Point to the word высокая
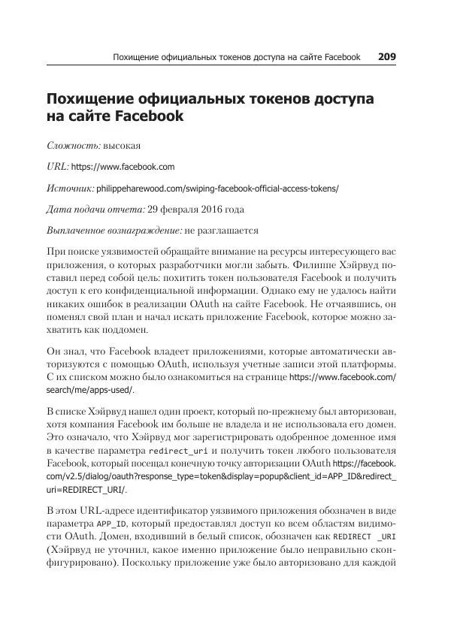[123, 146]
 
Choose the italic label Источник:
[70, 189]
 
